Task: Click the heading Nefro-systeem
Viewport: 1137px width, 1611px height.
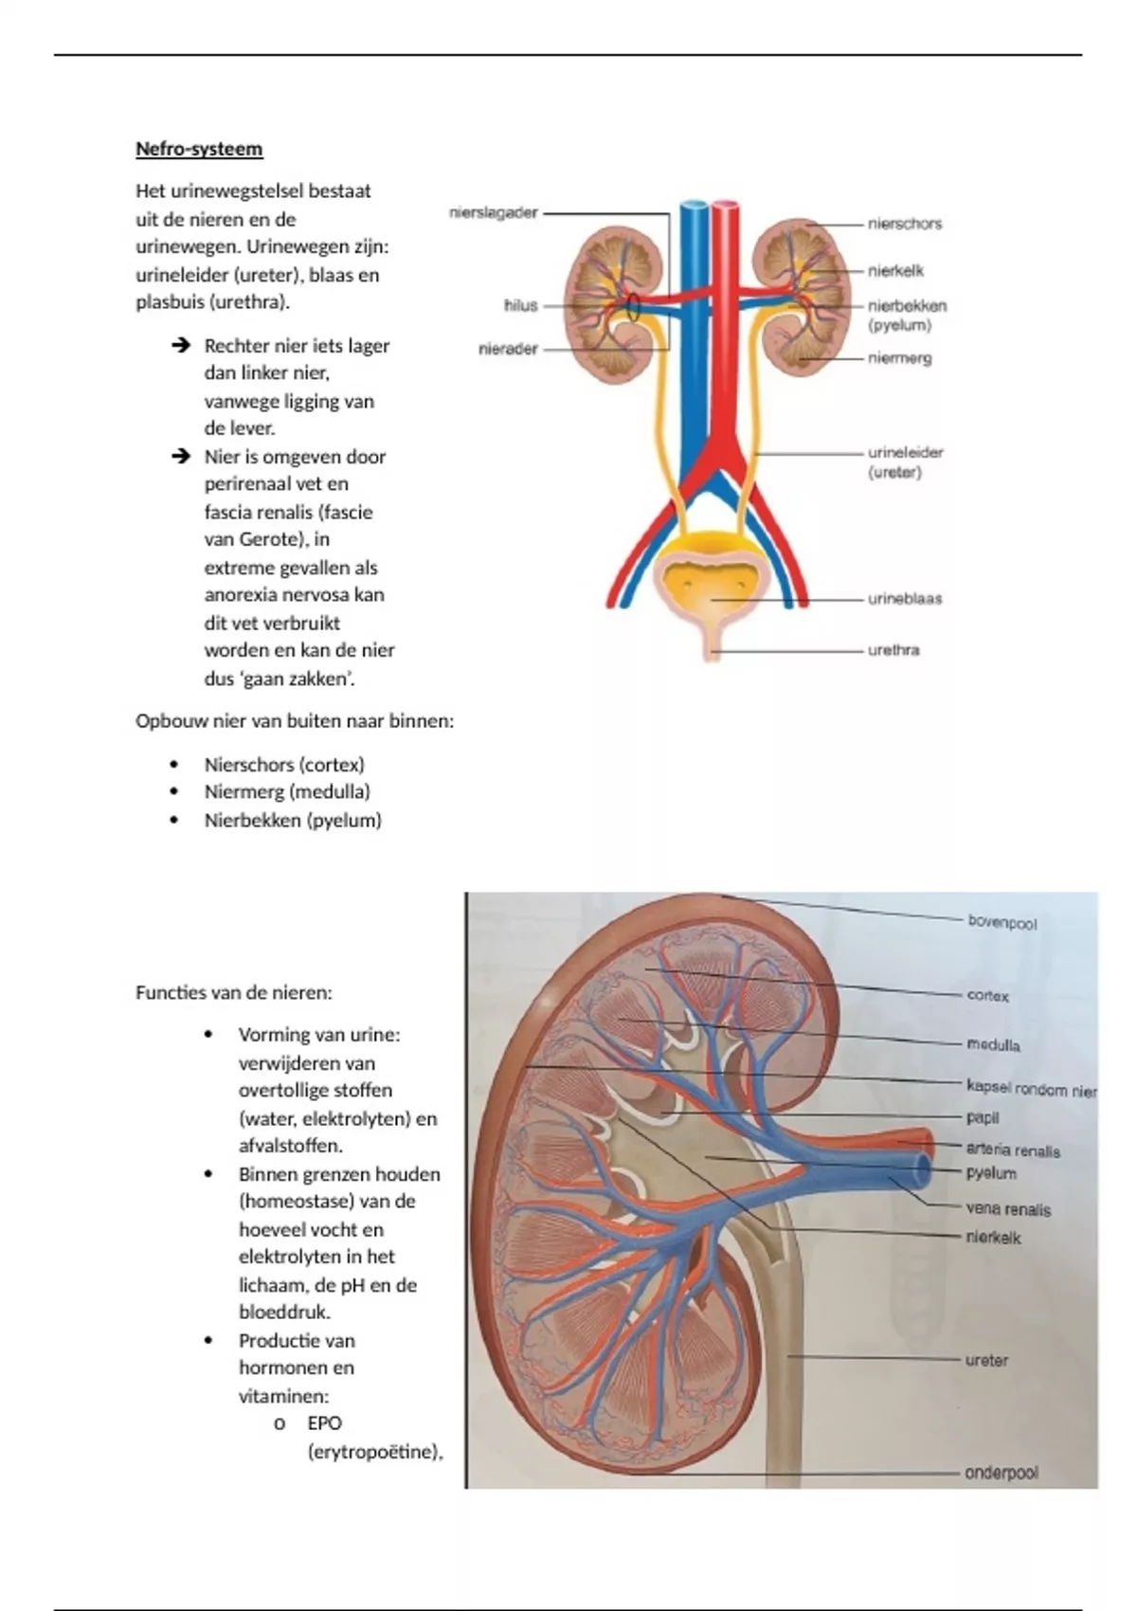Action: click(199, 149)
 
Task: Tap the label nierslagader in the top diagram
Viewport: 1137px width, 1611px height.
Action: click(494, 213)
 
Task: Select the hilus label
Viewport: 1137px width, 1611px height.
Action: click(520, 305)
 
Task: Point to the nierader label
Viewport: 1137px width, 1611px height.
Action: click(508, 349)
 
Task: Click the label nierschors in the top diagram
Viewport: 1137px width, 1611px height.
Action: click(905, 224)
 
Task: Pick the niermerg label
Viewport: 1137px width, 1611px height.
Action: click(899, 358)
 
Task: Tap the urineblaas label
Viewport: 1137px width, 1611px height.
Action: click(904, 599)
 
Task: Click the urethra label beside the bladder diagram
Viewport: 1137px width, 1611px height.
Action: click(893, 650)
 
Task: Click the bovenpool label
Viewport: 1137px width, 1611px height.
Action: click(1002, 922)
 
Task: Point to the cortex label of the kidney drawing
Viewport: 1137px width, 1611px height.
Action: click(987, 996)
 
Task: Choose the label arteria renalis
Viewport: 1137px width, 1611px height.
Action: click(1012, 1150)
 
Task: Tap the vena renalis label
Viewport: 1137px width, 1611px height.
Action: click(1008, 1209)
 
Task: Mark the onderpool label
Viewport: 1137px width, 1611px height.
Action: click(1001, 1473)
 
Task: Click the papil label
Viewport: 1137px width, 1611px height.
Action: click(983, 1117)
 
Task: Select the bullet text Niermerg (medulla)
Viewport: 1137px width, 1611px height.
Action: click(287, 791)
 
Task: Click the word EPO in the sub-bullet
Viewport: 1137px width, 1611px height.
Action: click(324, 1423)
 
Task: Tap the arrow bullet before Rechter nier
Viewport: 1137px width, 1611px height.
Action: click(181, 346)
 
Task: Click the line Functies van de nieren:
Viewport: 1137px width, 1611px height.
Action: click(233, 993)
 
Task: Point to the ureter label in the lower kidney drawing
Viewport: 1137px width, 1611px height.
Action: click(986, 1360)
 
